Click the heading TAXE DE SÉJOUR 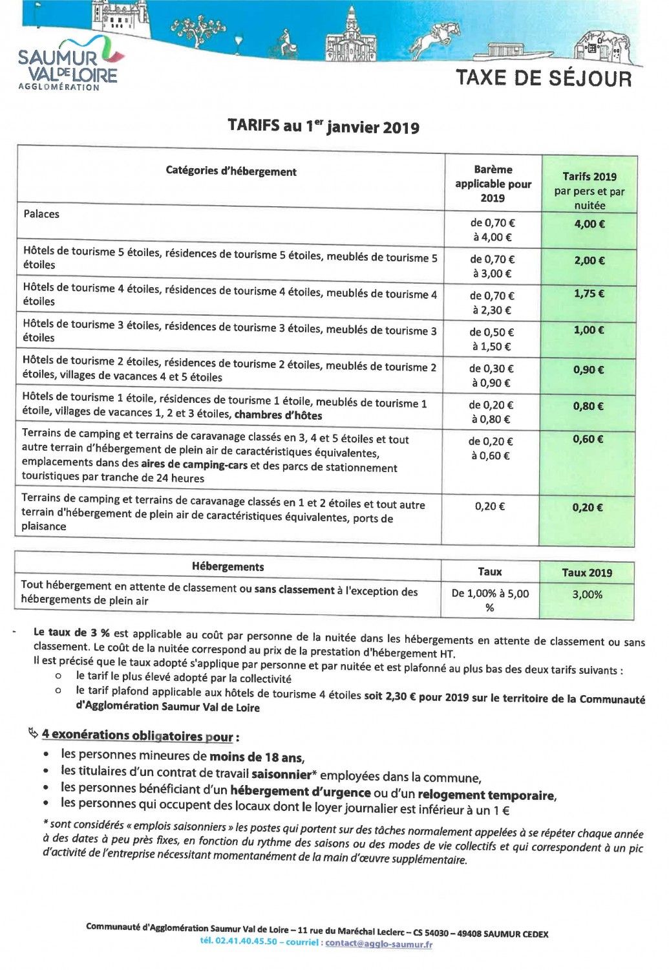[544, 78]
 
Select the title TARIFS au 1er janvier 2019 [323, 125]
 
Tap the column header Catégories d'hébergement [231, 171]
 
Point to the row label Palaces [41, 214]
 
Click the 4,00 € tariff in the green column [589, 224]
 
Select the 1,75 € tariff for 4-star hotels [589, 294]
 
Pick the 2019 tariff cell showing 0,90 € [588, 370]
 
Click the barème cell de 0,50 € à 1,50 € [491, 339]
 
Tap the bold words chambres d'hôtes [278, 415]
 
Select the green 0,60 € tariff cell [588, 439]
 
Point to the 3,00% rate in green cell [587, 594]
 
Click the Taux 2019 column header [587, 572]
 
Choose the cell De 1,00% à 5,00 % [490, 600]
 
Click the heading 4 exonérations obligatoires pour [137, 736]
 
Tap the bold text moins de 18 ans [257, 757]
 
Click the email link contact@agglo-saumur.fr [379, 943]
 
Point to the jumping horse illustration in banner [436, 39]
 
